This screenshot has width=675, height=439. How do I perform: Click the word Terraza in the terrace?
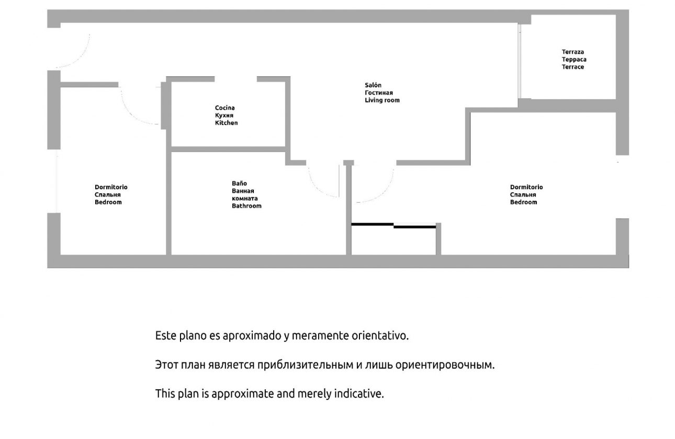[572, 52]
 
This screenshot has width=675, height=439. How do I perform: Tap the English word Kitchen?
[226, 123]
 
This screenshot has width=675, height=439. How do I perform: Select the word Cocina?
[224, 108]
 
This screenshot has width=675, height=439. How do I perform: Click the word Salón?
[373, 85]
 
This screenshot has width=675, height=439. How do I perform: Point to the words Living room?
[382, 100]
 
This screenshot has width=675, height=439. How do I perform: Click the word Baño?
[239, 183]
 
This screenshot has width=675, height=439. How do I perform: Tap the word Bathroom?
[246, 206]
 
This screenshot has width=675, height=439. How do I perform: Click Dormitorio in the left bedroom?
[110, 187]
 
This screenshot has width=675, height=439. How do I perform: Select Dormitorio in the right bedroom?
[526, 187]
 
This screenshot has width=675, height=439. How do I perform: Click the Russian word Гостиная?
[379, 93]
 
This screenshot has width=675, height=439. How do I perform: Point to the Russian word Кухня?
[224, 115]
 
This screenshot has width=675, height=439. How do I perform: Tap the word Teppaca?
[574, 60]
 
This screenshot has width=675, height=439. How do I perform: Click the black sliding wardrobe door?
[393, 225]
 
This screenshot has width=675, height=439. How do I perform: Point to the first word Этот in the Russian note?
[167, 365]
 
